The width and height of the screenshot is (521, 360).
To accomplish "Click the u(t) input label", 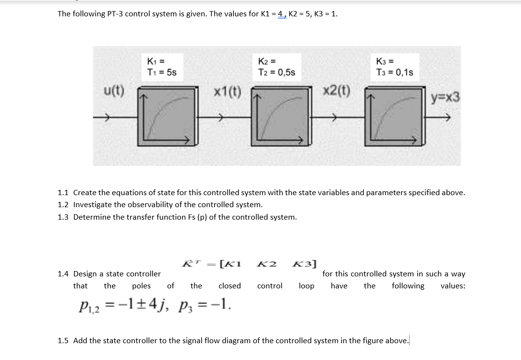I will [x=114, y=91].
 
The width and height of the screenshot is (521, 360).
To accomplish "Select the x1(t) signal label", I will [x=228, y=91].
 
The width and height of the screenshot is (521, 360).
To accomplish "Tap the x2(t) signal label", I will [x=337, y=90].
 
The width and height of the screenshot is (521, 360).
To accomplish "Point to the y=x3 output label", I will [x=445, y=98].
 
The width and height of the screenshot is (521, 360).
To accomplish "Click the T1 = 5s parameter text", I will [x=162, y=72].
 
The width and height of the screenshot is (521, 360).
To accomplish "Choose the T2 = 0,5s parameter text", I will [x=277, y=72].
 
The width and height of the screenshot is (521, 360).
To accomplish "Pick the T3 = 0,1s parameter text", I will [x=395, y=72].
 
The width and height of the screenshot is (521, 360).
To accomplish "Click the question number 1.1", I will [x=63, y=193].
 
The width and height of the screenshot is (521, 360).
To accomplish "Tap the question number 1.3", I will [x=63, y=217].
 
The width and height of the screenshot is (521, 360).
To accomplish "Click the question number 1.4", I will [x=63, y=274].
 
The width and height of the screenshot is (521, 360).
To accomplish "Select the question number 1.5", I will [x=63, y=341].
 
